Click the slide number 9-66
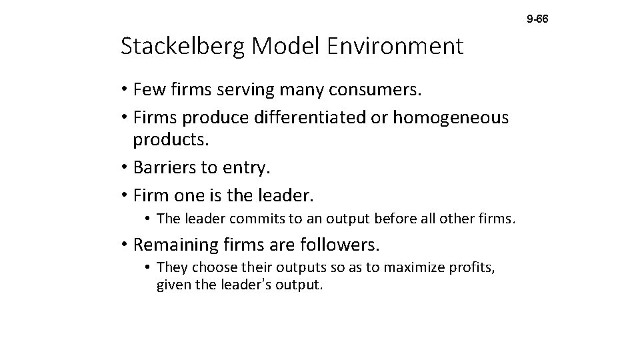point(537,20)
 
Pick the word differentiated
point(309,117)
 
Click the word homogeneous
point(451,117)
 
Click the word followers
point(339,245)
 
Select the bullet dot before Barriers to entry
point(125,168)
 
